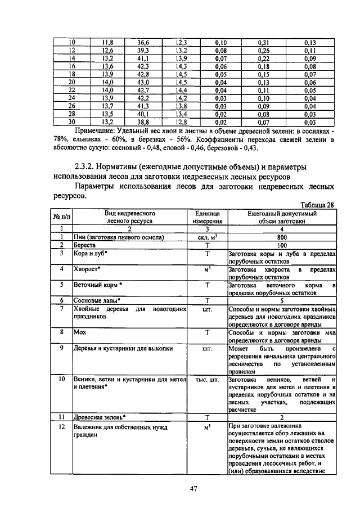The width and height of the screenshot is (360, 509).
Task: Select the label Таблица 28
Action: (x=318, y=205)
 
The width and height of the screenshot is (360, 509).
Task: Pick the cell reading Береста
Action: (x=85, y=245)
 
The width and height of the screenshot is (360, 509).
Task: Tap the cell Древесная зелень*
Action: (x=100, y=417)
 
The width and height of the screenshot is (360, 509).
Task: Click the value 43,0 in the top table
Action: (x=142, y=82)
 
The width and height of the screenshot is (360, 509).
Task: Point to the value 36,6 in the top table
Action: (x=142, y=42)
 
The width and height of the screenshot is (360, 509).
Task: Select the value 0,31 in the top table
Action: (x=263, y=42)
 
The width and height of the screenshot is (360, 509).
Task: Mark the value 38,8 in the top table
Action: (x=142, y=121)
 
